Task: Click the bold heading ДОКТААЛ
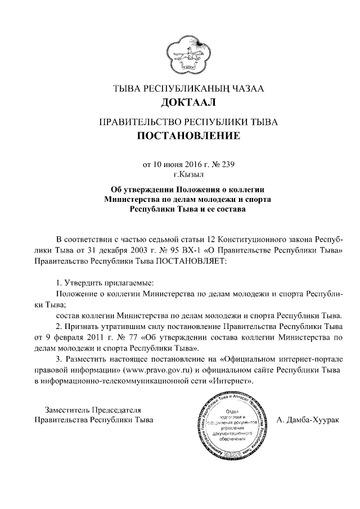180,103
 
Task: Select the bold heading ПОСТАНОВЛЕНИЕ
180,136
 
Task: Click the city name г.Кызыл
180,174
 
